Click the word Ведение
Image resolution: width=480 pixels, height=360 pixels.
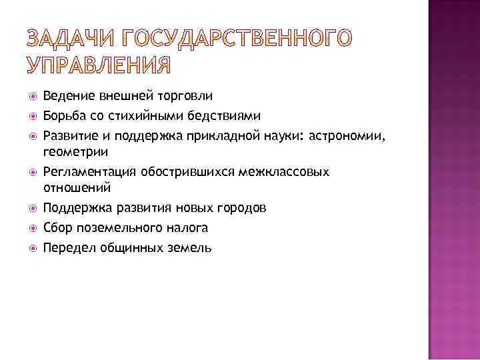pos(66,97)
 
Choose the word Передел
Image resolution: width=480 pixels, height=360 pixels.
pos(69,248)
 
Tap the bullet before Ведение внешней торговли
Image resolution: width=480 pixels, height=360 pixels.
pos(33,97)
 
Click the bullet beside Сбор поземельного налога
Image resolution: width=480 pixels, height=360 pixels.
pos(33,229)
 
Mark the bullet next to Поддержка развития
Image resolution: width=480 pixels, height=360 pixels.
pos(33,209)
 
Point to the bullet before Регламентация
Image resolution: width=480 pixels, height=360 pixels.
pos(33,173)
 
